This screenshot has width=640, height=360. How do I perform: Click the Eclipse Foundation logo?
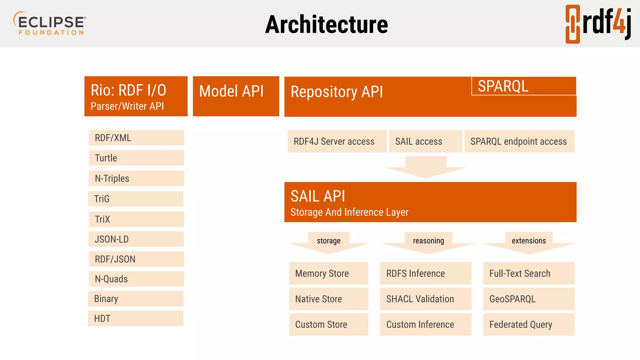pyautogui.click(x=50, y=23)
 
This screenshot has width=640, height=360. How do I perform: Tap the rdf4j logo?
pyautogui.click(x=598, y=24)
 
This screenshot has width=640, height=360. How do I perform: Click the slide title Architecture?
pyautogui.click(x=326, y=25)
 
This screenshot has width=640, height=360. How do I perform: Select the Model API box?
pyautogui.click(x=236, y=96)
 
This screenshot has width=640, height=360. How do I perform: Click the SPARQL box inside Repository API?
pyautogui.click(x=523, y=86)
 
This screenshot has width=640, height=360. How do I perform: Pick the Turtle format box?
pyautogui.click(x=136, y=158)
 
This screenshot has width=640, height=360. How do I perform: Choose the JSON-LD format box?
pyautogui.click(x=136, y=239)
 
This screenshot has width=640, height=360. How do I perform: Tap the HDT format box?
pyautogui.click(x=136, y=318)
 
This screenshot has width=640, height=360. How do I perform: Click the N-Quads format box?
pyautogui.click(x=136, y=279)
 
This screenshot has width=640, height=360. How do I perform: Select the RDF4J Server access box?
pyautogui.click(x=337, y=141)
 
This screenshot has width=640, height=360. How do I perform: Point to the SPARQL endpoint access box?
pyautogui.click(x=519, y=141)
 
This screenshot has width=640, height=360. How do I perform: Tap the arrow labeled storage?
pyautogui.click(x=329, y=243)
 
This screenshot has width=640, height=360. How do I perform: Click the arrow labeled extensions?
pyautogui.click(x=529, y=243)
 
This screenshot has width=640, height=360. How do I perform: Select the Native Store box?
pyautogui.click(x=328, y=299)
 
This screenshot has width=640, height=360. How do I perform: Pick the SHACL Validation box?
pyautogui.click(x=425, y=299)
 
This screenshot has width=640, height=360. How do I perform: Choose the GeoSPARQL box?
pyautogui.click(x=528, y=299)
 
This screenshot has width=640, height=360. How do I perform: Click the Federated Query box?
pyautogui.click(x=528, y=324)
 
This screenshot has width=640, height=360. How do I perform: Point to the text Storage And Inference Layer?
pyautogui.click(x=349, y=212)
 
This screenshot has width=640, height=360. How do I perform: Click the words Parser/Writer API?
pyautogui.click(x=127, y=106)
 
